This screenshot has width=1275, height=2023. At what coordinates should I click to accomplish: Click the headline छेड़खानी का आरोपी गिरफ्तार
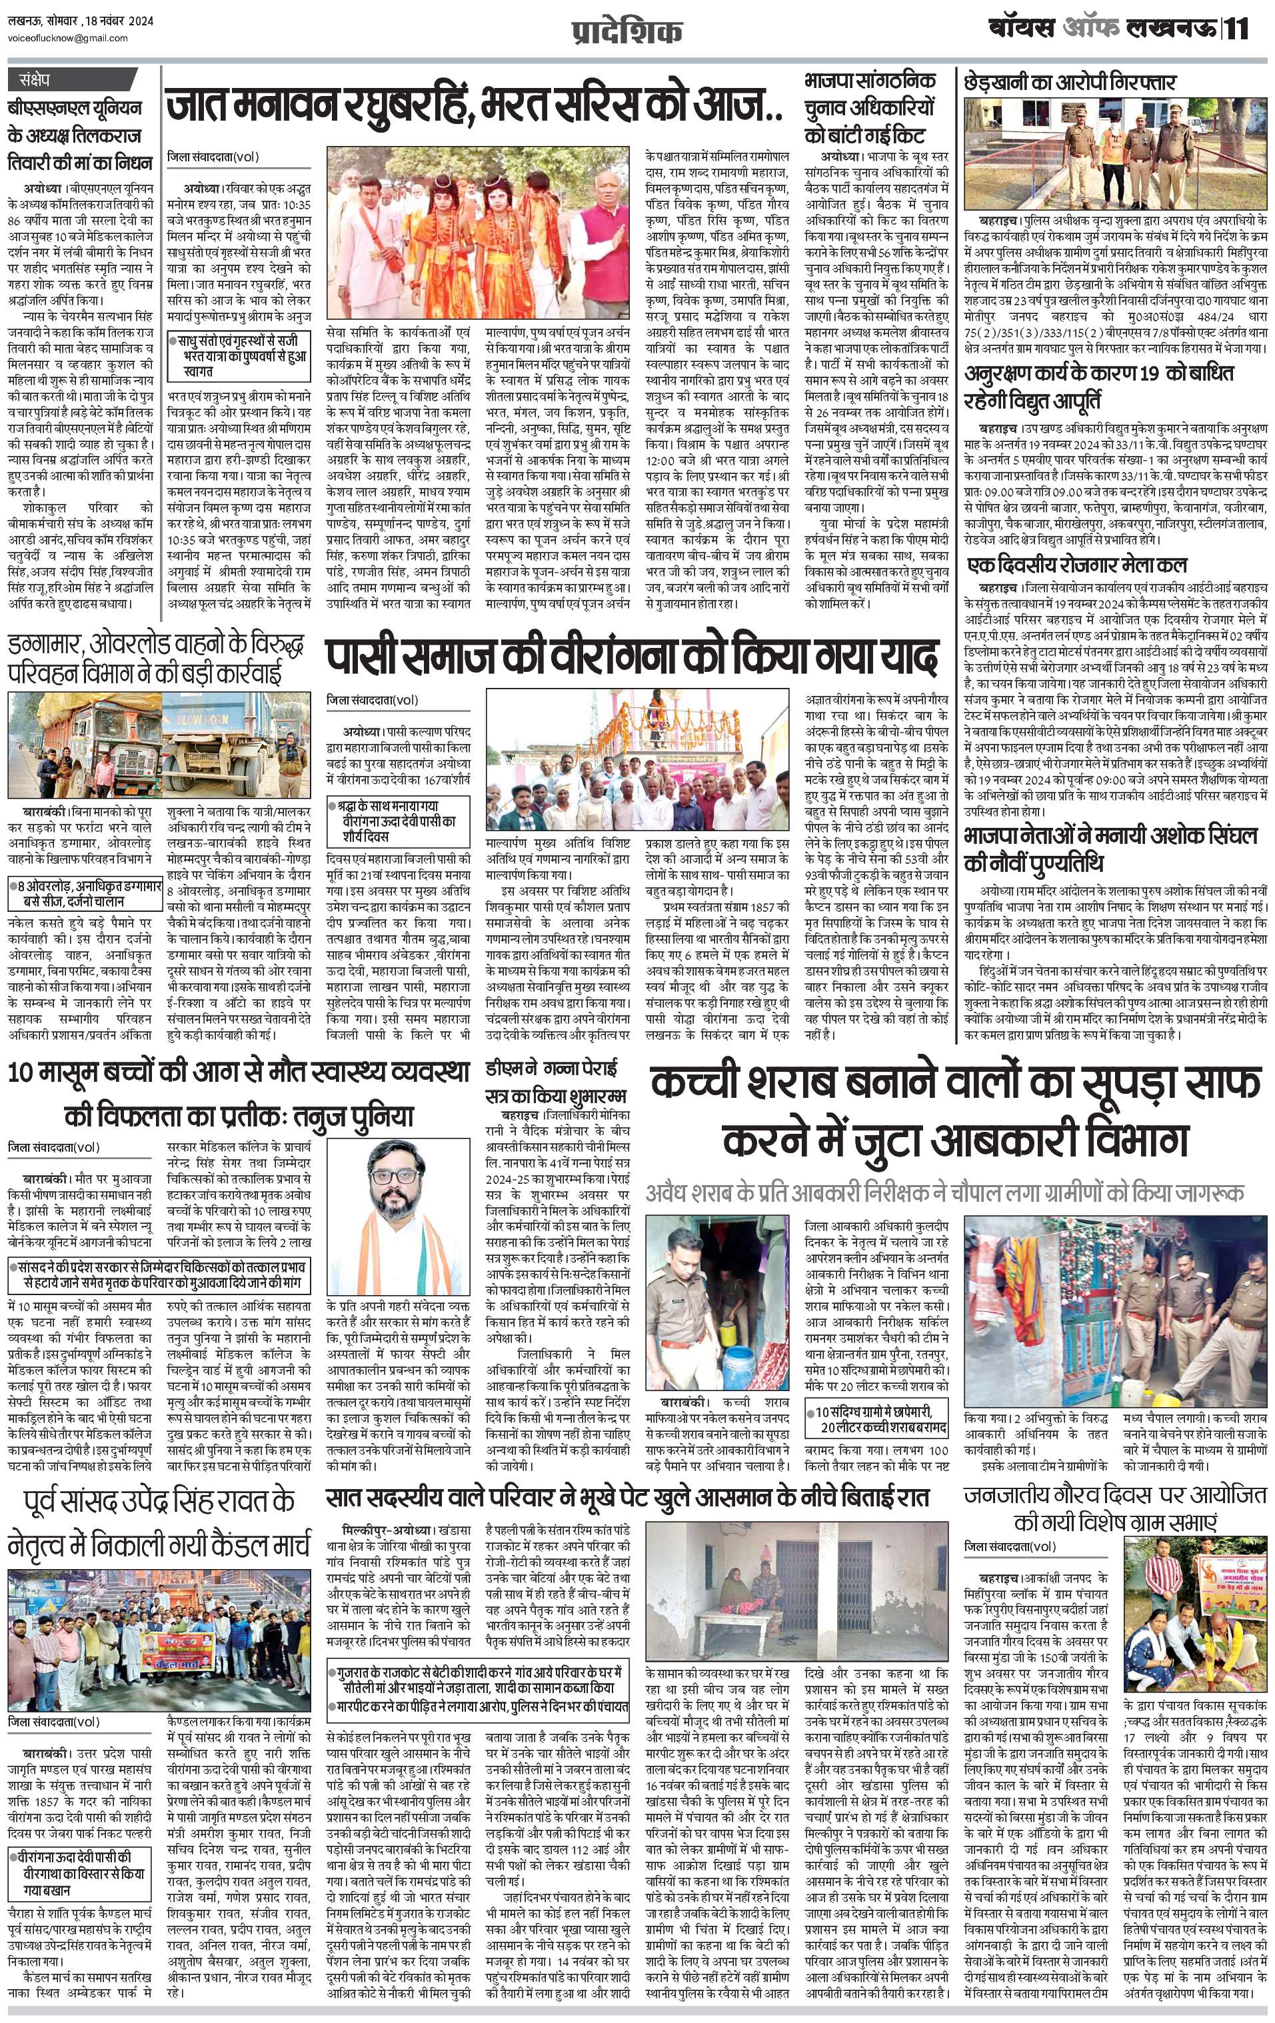point(1070,83)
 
